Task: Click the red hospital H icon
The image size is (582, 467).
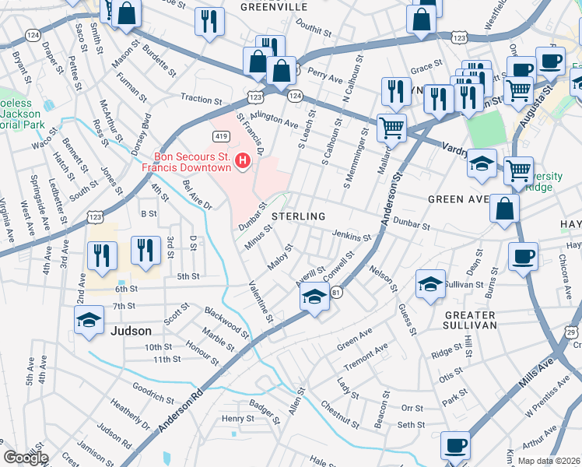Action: point(243,162)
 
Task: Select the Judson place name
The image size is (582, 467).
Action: point(131,331)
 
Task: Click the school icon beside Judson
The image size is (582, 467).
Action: point(89,320)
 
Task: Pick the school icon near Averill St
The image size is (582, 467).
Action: point(314,297)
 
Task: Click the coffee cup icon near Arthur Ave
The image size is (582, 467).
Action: point(455,446)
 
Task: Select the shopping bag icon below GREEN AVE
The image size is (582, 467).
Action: point(504,209)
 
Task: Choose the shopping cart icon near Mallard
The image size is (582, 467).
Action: point(391,126)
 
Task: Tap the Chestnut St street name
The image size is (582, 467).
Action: point(340,416)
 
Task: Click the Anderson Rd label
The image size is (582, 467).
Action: point(180,410)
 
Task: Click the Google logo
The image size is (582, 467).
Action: point(26,457)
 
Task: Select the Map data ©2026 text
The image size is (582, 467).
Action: point(548,461)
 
